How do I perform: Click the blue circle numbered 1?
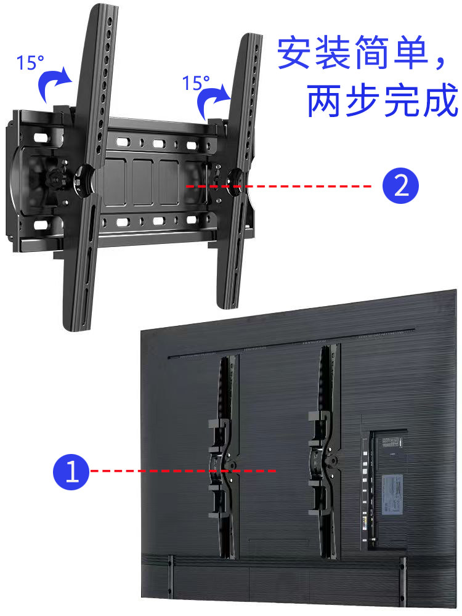(x=73, y=472)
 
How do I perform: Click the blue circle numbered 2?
(x=401, y=186)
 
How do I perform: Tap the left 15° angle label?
(x=31, y=63)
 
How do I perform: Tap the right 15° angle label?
(x=197, y=83)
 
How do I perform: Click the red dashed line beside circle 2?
(x=277, y=186)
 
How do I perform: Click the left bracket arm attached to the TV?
(x=224, y=456)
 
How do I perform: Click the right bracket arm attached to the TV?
(x=325, y=453)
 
